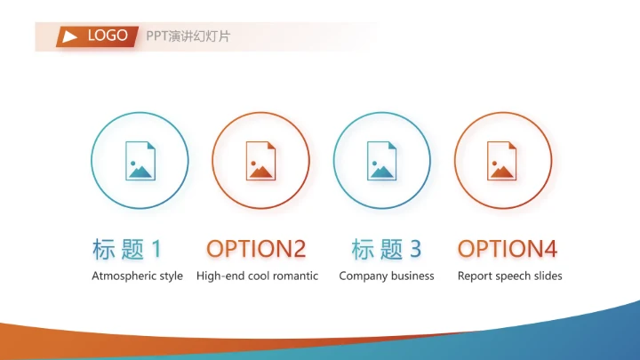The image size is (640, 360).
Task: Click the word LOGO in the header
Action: [108, 36]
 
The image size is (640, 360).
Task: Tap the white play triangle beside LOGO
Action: [70, 36]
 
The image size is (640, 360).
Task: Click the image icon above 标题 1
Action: [140, 161]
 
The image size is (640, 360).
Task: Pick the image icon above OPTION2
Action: [261, 161]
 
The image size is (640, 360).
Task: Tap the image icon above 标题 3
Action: [382, 161]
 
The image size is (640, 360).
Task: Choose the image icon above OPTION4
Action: [502, 161]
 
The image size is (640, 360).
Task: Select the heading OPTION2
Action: [256, 249]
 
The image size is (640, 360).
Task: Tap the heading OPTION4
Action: [508, 249]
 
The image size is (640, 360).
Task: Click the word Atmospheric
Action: [124, 276]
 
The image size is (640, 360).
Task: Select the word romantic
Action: [295, 276]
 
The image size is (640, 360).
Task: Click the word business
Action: [412, 276]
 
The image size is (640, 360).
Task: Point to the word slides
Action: [547, 276]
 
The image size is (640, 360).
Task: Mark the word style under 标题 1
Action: [171, 276]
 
